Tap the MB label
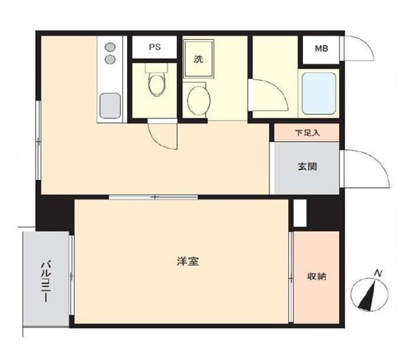321,49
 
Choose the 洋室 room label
187,261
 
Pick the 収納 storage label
316,276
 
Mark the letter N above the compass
378,273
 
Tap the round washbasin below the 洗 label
199,99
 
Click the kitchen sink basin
108,104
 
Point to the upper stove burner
109,46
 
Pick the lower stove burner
109,59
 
